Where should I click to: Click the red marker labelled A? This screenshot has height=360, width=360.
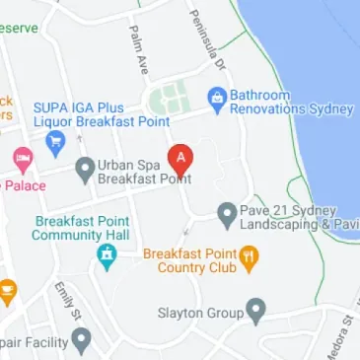point(180,158)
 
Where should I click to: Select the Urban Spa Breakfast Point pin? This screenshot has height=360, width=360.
point(86,172)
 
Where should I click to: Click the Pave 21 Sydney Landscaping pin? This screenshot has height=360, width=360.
point(227,213)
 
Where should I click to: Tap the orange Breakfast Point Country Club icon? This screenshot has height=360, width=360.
point(251,259)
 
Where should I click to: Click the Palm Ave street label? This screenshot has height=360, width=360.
point(137,49)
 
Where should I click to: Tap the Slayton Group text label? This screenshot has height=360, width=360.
point(200,314)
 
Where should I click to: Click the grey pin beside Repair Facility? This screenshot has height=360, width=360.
point(82,342)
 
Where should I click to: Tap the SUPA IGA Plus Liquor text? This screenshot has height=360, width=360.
point(88,115)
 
